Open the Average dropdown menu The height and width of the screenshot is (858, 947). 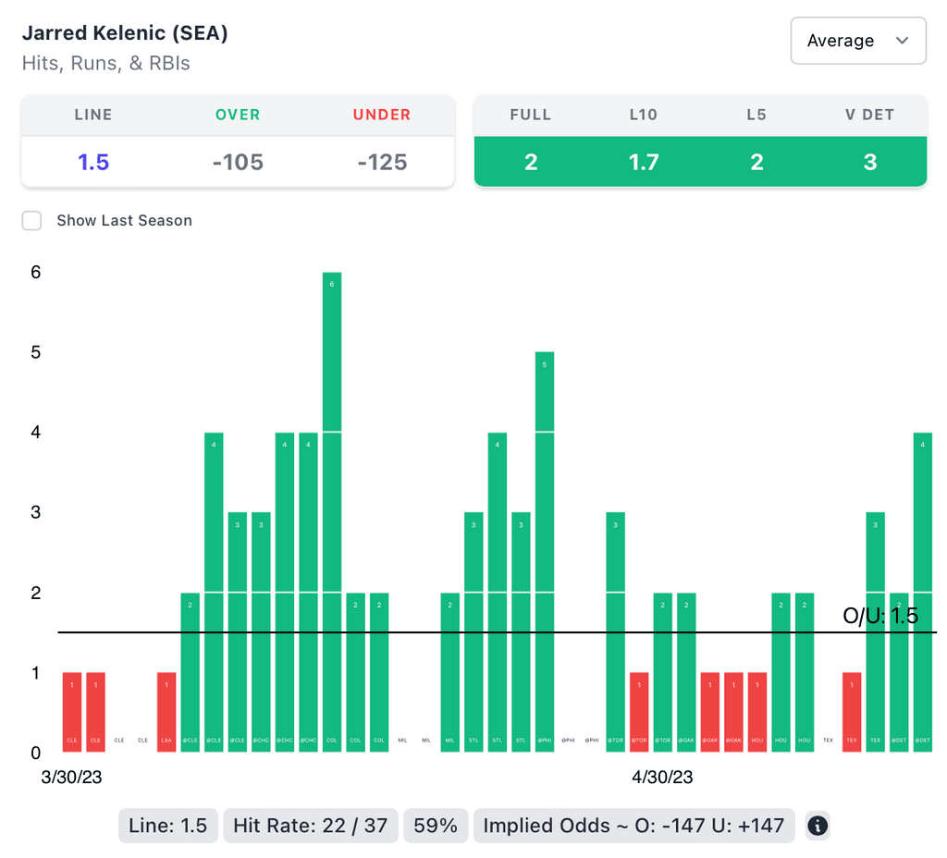[x=857, y=41]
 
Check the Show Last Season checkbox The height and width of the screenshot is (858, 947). [x=32, y=220]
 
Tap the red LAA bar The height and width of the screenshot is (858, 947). [x=166, y=712]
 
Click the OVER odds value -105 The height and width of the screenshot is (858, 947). [x=238, y=162]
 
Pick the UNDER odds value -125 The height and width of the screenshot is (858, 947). [x=382, y=162]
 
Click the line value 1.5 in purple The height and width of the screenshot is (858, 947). [x=93, y=162]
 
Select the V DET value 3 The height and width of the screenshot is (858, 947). [x=869, y=162]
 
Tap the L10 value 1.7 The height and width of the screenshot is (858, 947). [x=644, y=162]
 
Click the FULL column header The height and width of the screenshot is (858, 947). [x=531, y=115]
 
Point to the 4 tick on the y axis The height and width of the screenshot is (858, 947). [x=35, y=432]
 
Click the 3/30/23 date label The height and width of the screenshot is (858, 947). [x=71, y=778]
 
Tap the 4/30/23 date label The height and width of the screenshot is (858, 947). [x=662, y=778]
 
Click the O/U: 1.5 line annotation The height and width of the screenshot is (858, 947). [x=880, y=616]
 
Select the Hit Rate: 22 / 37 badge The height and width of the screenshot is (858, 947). [x=310, y=826]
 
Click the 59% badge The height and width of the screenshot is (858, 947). [x=436, y=826]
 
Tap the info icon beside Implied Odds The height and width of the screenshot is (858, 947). [x=817, y=826]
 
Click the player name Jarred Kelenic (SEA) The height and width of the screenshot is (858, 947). [x=125, y=33]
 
